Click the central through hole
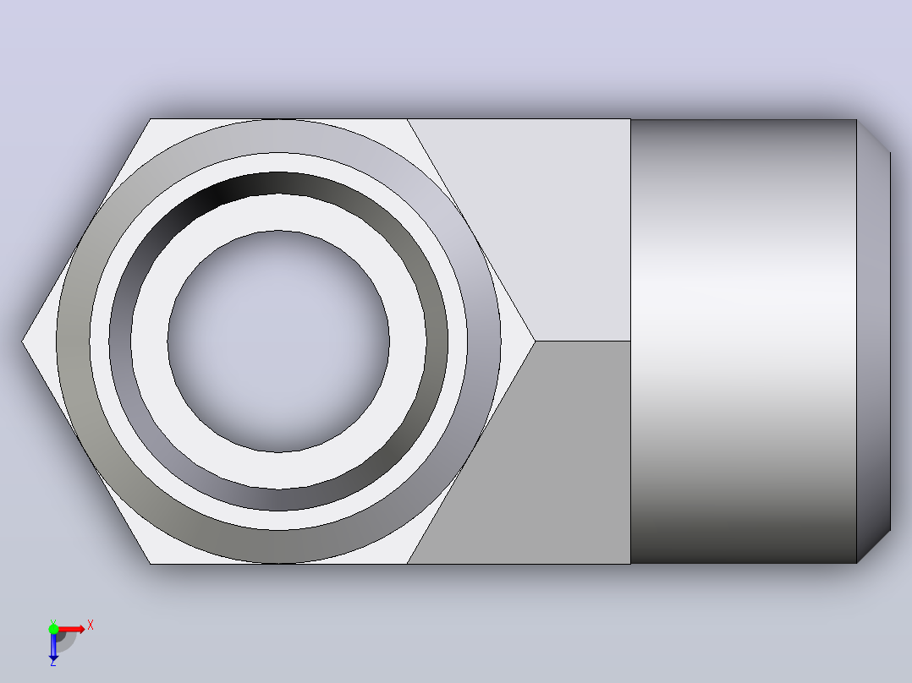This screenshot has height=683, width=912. (x=278, y=341)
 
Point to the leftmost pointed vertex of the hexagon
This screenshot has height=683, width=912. (x=22, y=341)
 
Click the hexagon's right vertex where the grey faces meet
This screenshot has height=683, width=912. (x=535, y=341)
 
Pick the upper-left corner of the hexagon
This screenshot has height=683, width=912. (x=151, y=119)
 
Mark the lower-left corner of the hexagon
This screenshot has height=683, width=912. (x=151, y=563)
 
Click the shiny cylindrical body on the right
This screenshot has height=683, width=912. (x=744, y=341)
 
